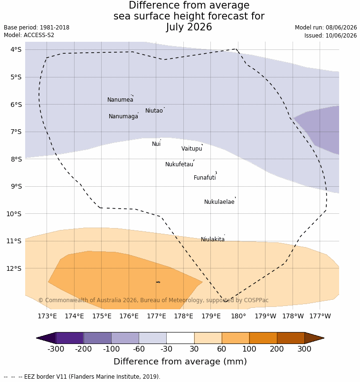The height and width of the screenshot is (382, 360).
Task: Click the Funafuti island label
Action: click(x=205, y=178)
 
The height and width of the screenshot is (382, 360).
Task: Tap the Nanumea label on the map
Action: click(x=120, y=100)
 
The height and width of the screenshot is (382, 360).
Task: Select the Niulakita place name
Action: click(x=213, y=239)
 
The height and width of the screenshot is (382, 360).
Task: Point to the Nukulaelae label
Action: click(x=219, y=202)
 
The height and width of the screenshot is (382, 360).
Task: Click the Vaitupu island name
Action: click(x=192, y=149)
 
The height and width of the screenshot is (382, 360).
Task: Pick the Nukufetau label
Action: click(x=179, y=164)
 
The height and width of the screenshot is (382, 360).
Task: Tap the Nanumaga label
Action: click(x=123, y=116)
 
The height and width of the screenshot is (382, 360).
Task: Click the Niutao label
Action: click(x=154, y=111)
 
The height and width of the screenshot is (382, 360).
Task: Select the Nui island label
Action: click(x=156, y=144)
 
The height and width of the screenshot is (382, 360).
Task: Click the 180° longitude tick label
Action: click(x=238, y=316)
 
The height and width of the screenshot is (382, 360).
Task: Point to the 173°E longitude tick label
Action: click(x=47, y=316)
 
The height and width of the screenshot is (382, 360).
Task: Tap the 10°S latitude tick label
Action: click(x=14, y=214)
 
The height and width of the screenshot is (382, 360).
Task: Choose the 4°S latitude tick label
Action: click(x=16, y=50)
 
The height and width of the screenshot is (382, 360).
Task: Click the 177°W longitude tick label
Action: click(x=320, y=316)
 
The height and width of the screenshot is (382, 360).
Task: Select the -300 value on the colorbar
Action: click(x=56, y=349)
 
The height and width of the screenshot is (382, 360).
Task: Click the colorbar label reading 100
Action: click(x=249, y=349)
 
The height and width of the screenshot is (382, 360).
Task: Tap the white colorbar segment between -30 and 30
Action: click(x=180, y=338)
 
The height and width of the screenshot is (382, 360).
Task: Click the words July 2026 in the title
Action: click(x=189, y=27)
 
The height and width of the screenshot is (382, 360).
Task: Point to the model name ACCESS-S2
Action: click(x=39, y=35)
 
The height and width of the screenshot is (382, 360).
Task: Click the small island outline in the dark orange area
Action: click(x=158, y=282)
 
